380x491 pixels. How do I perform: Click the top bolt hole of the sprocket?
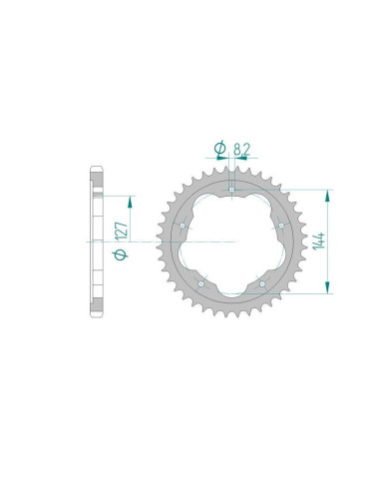click(x=230, y=188)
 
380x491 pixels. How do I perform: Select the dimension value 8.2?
click(x=240, y=150)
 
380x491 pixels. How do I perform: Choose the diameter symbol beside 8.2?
click(x=219, y=150)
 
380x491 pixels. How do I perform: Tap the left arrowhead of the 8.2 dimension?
click(x=225, y=163)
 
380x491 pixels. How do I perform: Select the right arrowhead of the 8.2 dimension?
click(x=236, y=163)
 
